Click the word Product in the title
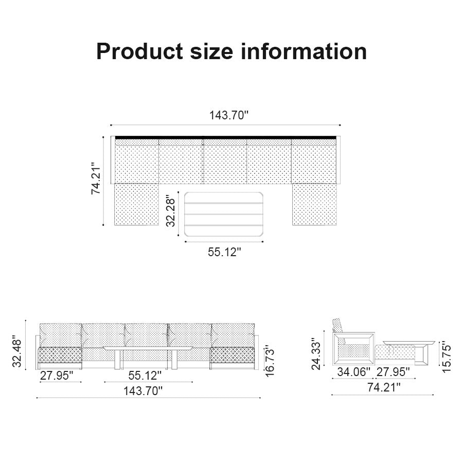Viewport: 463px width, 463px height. pyautogui.click(x=139, y=51)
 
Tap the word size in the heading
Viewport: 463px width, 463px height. pyautogui.click(x=212, y=51)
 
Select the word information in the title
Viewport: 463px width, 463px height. pyautogui.click(x=304, y=51)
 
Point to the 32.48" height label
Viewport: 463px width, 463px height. pyautogui.click(x=17, y=352)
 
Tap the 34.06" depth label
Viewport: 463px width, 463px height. pyautogui.click(x=353, y=372)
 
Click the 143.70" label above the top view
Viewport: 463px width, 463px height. pyautogui.click(x=229, y=115)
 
